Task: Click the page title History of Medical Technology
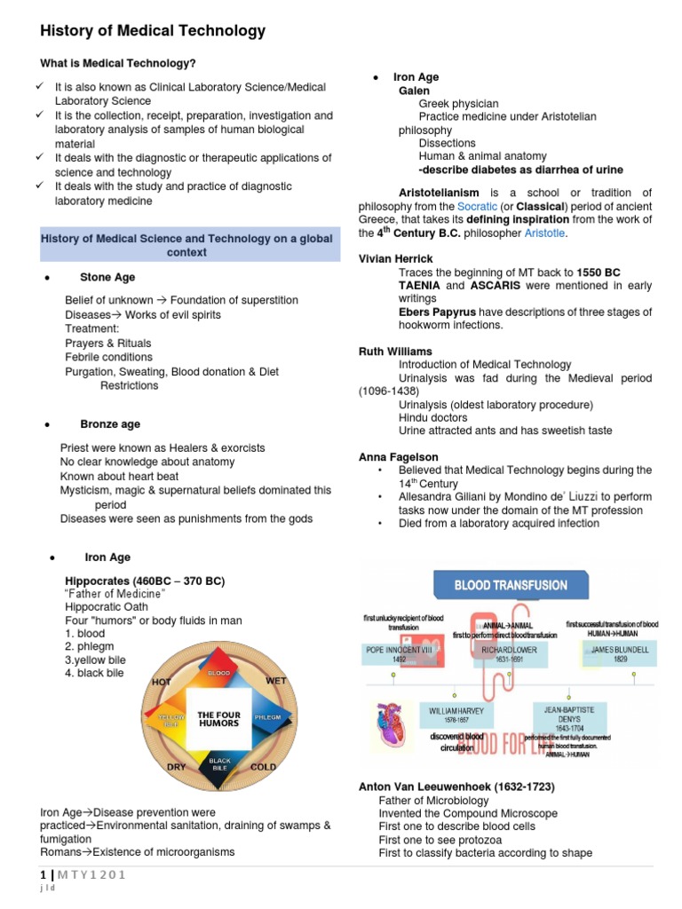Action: point(153,31)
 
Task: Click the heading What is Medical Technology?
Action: point(118,63)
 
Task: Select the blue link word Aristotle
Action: point(543,233)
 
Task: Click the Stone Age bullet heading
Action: point(107,278)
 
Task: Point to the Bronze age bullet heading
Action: point(110,424)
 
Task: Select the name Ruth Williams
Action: point(395,352)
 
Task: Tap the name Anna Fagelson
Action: point(398,456)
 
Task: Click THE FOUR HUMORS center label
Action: point(218,718)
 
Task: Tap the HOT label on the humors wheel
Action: point(161,682)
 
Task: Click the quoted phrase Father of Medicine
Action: point(115,593)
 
